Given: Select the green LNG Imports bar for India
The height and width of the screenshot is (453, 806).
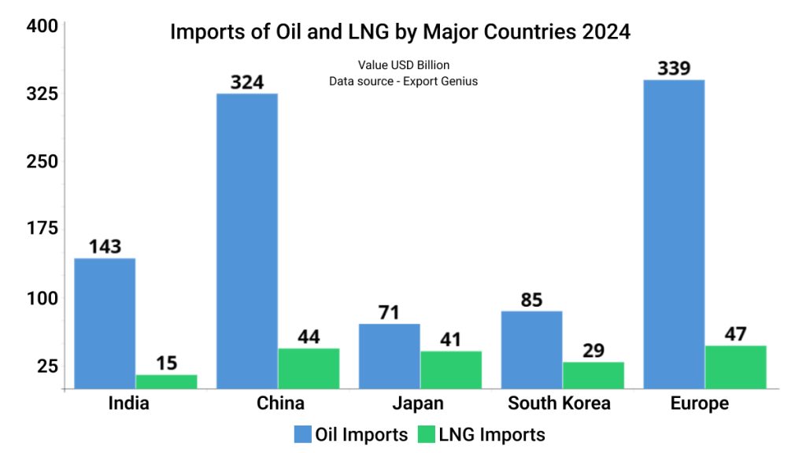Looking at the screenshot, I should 166,381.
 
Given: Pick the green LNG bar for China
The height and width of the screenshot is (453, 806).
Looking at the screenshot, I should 309,368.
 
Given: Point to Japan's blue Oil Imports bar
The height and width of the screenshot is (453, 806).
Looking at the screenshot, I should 390,355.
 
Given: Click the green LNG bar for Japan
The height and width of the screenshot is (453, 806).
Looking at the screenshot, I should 451,370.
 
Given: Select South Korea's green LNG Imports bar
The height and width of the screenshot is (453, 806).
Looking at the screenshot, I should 593,375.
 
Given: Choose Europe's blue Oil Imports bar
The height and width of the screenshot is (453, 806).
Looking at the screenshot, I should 674,234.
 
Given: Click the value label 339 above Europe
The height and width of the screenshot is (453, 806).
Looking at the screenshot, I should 674,68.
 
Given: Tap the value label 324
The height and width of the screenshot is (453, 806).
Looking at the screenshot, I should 247,82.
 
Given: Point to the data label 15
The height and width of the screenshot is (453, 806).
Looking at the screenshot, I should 166,363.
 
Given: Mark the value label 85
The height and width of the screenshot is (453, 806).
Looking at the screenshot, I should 531,300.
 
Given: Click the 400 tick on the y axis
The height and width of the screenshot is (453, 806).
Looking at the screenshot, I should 42,26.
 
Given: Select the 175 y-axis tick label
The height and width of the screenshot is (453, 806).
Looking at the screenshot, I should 42,229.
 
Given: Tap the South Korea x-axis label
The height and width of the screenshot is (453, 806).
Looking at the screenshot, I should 559,403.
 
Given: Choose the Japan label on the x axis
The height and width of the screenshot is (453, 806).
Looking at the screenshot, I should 418,403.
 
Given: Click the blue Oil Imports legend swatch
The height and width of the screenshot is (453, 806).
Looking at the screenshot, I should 303,434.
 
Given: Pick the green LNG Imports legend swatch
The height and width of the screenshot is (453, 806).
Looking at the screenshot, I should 426,434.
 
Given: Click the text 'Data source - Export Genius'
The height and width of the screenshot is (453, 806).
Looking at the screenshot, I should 403,81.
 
